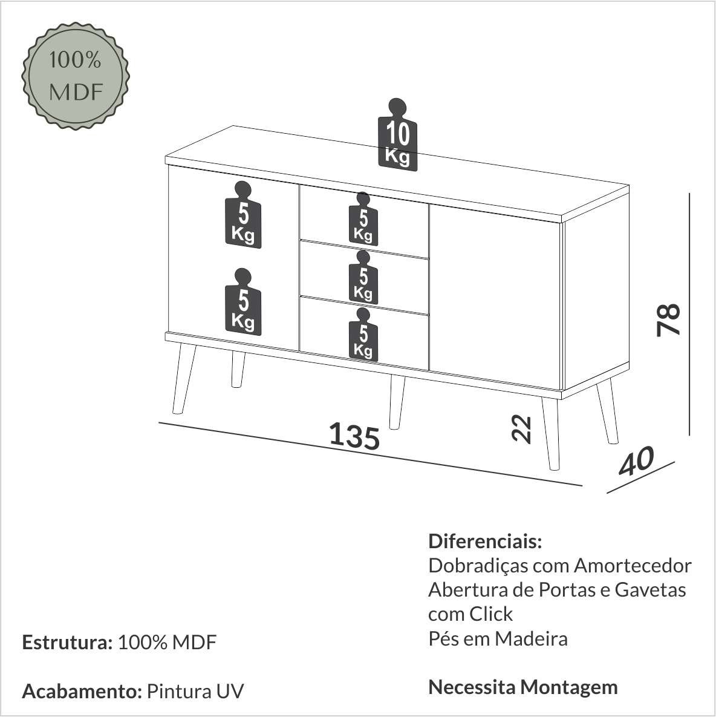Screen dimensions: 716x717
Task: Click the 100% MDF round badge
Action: point(76,76)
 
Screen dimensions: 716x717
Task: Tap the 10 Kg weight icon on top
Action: point(397,135)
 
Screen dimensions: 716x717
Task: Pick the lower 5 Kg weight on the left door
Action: point(243,302)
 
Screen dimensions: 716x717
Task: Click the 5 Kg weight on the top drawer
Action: point(363,219)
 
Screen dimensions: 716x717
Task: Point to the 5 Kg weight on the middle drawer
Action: point(363,277)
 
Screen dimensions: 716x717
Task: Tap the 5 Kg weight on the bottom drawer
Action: point(363,335)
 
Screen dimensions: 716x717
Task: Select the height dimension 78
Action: point(668,319)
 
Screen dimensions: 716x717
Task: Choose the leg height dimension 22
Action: point(521,429)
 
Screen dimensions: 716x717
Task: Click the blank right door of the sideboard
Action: point(495,296)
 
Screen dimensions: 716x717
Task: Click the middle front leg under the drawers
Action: point(397,402)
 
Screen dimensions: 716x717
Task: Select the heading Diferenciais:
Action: point(485,542)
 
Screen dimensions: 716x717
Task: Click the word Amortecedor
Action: point(633,566)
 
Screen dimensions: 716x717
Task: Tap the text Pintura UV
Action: point(195,691)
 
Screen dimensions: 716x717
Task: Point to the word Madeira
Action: point(531,638)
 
